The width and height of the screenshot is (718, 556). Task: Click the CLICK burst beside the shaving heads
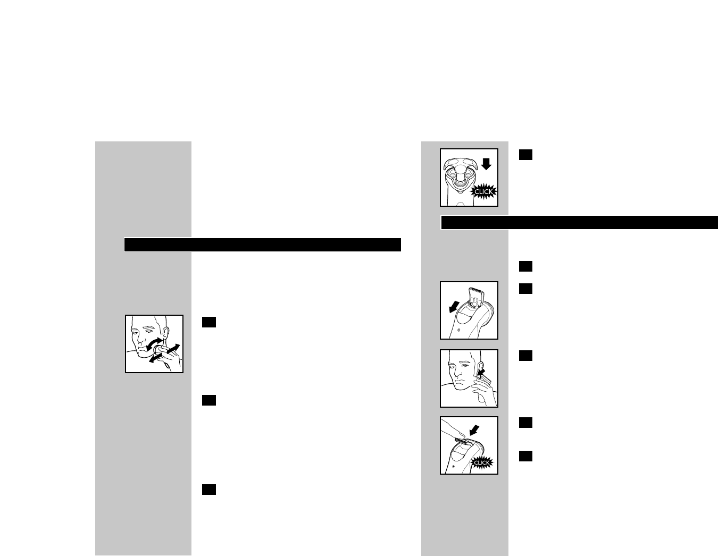(x=483, y=191)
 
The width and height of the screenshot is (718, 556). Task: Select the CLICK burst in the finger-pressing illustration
(x=482, y=462)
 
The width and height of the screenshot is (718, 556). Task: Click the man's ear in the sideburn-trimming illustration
(x=480, y=367)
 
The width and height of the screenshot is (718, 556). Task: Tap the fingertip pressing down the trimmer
(x=452, y=433)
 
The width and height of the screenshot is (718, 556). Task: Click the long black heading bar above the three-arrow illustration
(x=262, y=245)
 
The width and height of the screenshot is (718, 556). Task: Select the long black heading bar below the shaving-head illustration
(x=579, y=222)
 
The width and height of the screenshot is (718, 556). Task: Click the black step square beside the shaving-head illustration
(x=525, y=155)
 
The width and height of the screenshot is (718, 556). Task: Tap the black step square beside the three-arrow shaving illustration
(x=208, y=322)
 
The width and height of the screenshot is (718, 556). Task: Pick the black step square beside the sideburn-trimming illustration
(x=525, y=356)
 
